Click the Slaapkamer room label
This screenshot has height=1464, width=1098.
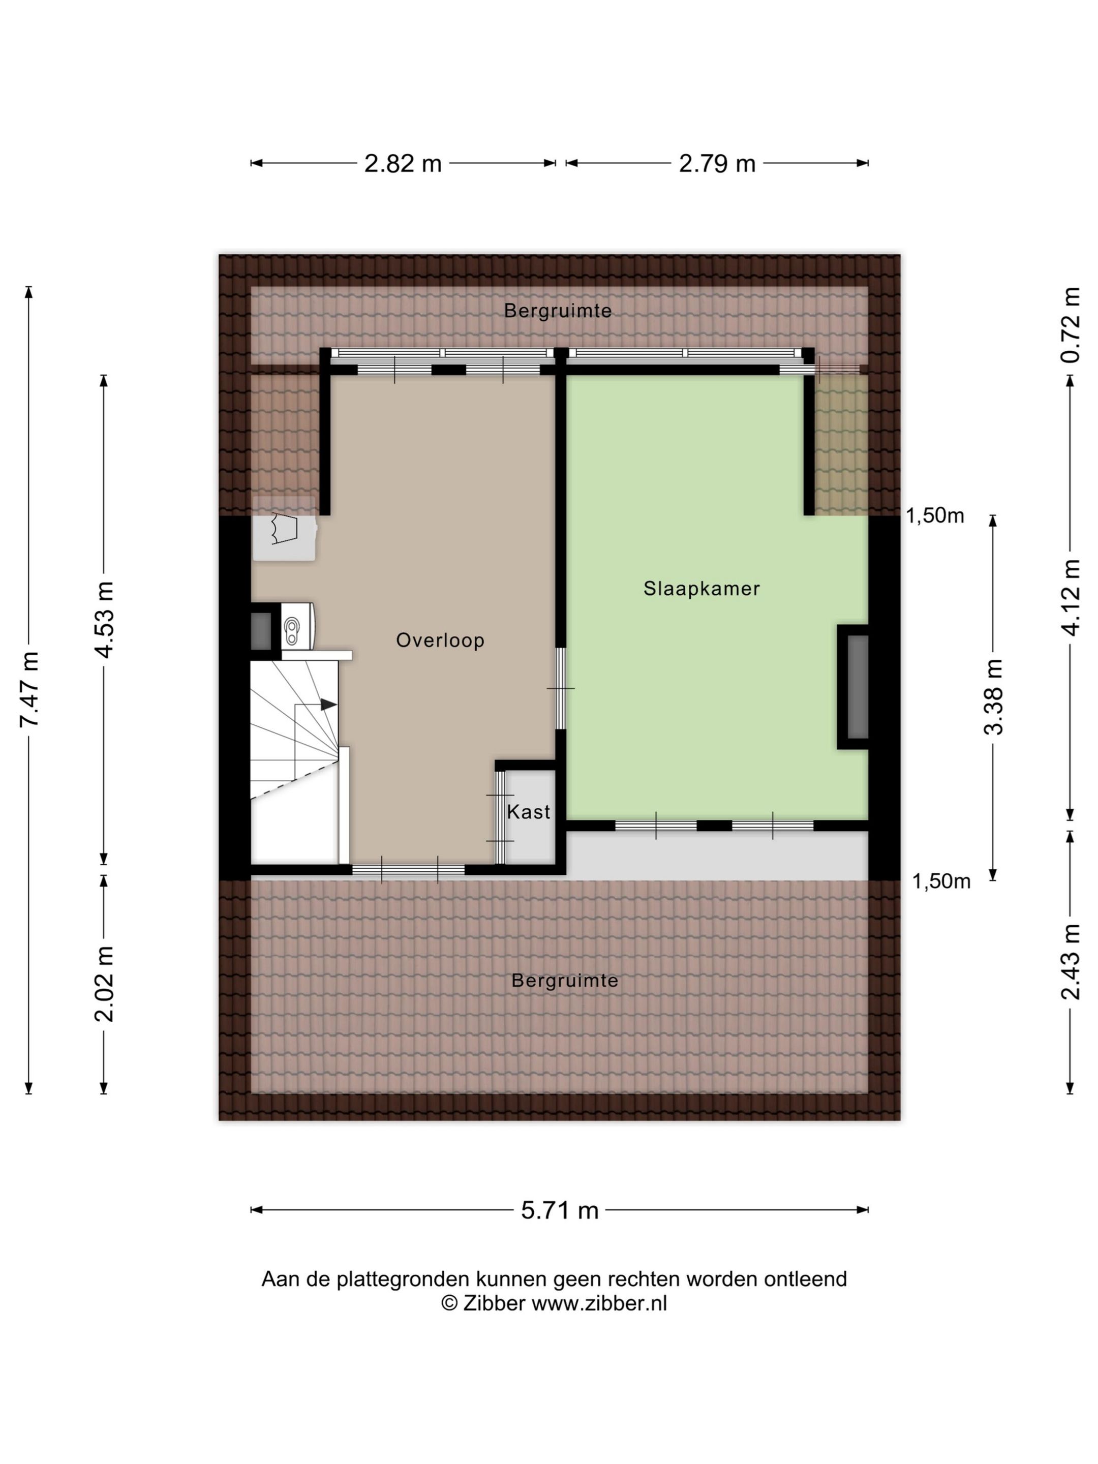tap(701, 588)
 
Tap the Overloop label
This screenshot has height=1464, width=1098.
tap(440, 640)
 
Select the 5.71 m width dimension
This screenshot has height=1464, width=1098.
tap(559, 1210)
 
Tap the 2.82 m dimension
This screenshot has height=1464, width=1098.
tap(403, 164)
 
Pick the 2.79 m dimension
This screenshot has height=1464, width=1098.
tap(717, 164)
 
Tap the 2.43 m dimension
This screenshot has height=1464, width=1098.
tap(1071, 962)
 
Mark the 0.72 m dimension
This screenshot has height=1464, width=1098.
tap(1071, 325)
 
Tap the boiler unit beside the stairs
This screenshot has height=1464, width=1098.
tap(298, 625)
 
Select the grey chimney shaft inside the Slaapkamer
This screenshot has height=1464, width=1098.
tap(858, 687)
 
